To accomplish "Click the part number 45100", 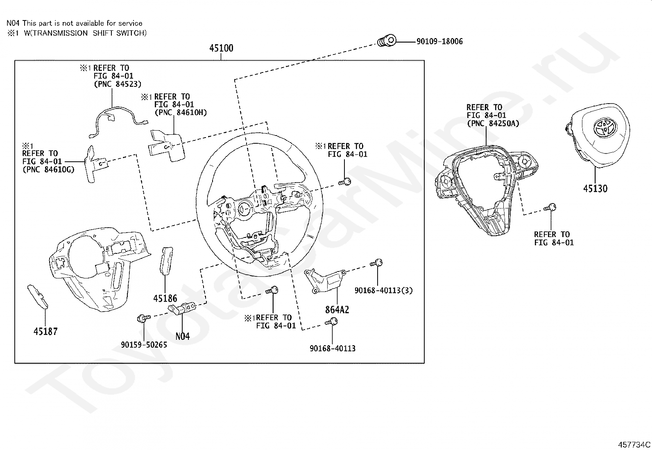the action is [221, 48].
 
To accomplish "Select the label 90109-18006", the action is [439, 41].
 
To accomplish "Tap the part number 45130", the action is [595, 189].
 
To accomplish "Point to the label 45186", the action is [165, 298].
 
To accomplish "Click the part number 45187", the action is [45, 331].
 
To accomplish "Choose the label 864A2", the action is [337, 310].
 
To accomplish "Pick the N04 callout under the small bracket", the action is [183, 337].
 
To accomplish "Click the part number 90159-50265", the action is [144, 345].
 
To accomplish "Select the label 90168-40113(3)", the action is [384, 290].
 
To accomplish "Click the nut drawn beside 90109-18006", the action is [387, 41].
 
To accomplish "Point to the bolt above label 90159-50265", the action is [143, 318].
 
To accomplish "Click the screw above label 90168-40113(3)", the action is [376, 263].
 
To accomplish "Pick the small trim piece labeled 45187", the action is [38, 296].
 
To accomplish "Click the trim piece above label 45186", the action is [166, 260].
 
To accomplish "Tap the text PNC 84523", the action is [118, 84].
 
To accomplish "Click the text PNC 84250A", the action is [494, 123].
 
